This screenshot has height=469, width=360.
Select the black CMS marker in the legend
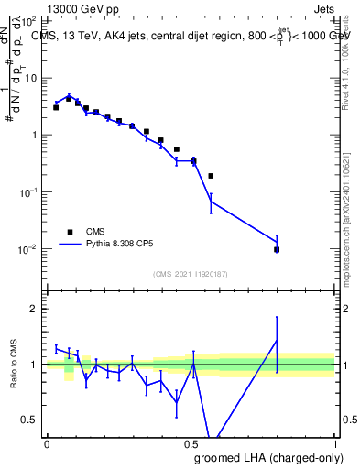tap(70, 232)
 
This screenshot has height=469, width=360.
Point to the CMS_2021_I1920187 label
tap(190, 273)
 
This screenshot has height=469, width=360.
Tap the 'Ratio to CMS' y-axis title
tap(15, 364)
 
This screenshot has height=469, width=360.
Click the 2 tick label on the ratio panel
tap(36, 309)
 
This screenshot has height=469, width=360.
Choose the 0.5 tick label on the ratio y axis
tap(32, 420)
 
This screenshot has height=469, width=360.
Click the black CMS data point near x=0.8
tap(277, 249)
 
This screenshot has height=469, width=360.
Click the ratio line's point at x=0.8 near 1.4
tap(277, 341)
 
